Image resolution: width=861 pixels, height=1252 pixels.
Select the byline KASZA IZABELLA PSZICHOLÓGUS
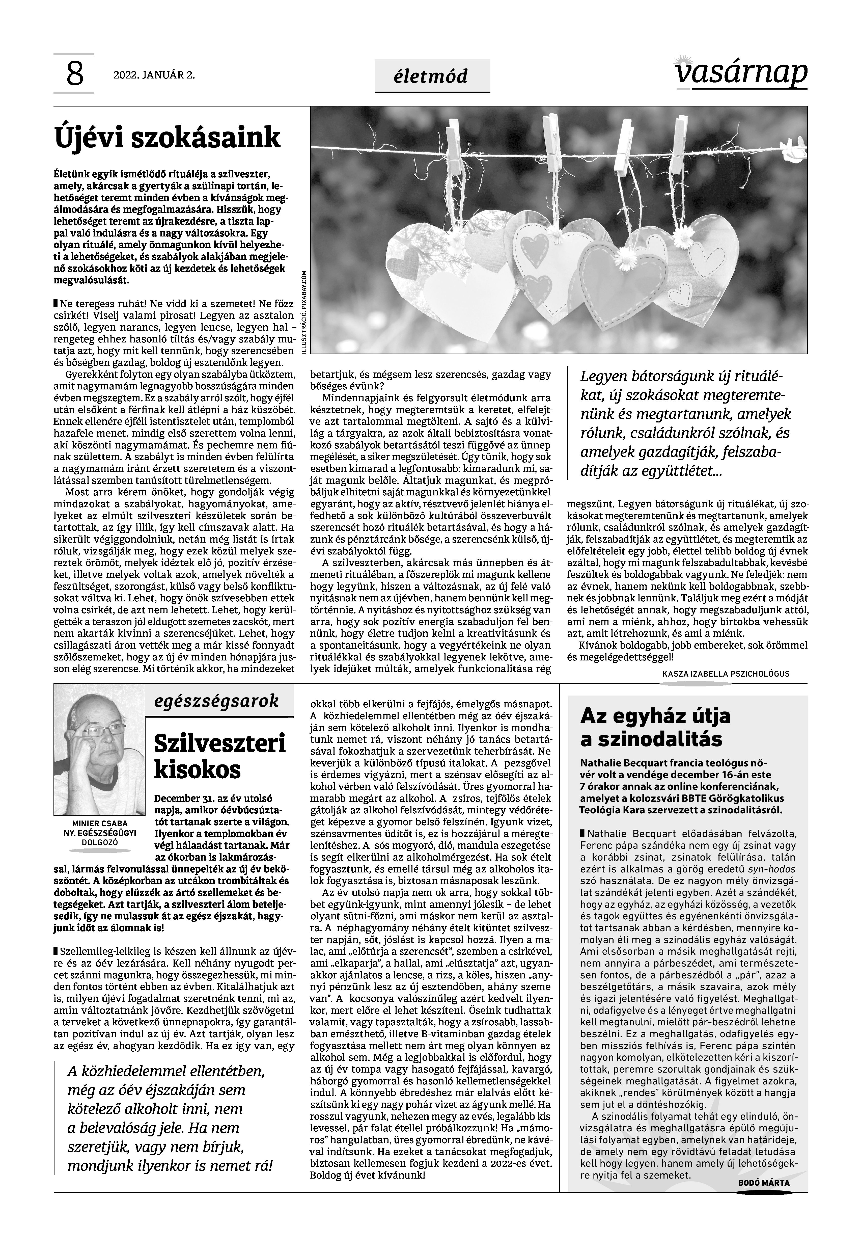coord(726,674)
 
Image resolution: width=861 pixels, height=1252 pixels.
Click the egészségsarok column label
coord(217,702)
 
